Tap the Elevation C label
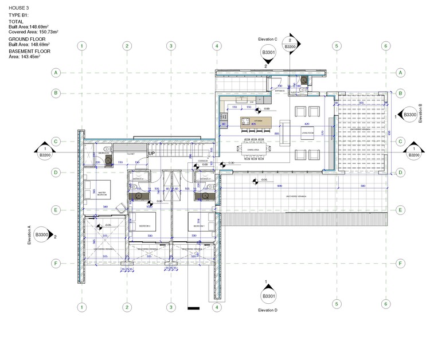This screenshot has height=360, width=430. (268, 39)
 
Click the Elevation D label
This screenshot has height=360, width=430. (268, 310)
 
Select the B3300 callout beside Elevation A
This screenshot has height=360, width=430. (42, 235)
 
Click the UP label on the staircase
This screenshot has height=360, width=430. (152, 154)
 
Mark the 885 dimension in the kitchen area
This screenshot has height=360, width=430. (276, 134)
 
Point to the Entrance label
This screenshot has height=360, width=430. (280, 91)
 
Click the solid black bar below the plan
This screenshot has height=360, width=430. (193, 309)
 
